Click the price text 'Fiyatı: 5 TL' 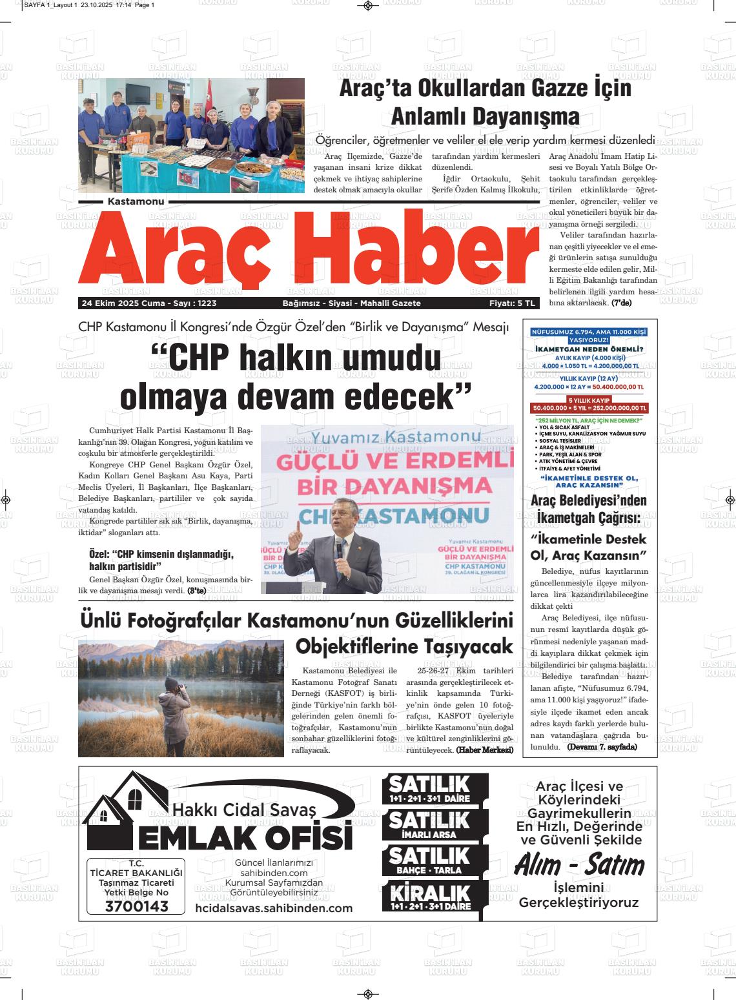pyautogui.click(x=513, y=303)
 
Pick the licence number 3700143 pyautogui.click(x=136, y=907)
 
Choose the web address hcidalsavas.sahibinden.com pyautogui.click(x=274, y=908)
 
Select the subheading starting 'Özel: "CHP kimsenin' pyautogui.click(x=161, y=560)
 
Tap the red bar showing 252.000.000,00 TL pyautogui.click(x=589, y=408)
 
